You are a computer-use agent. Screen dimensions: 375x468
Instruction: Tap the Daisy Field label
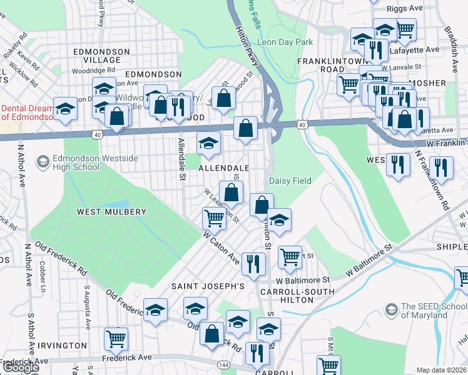[290, 181]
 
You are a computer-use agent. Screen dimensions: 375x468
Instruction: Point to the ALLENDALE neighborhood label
[224, 168]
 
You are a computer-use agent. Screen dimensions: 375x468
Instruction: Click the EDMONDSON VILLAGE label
[101, 56]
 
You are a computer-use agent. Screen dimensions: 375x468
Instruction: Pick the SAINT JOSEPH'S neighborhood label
[208, 286]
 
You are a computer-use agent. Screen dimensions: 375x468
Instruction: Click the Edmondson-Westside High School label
[76, 162]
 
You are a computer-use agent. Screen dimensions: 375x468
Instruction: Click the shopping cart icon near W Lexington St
[214, 219]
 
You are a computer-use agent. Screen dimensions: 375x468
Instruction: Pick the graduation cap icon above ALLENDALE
[208, 143]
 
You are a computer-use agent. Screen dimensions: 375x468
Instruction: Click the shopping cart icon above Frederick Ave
[116, 339]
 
